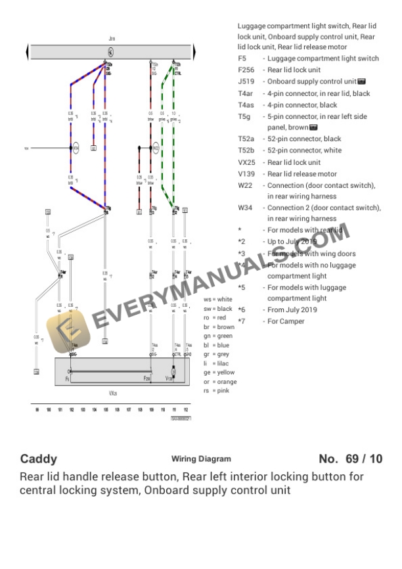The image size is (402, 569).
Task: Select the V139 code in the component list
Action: click(x=246, y=174)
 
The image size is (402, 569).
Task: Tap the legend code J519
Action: click(x=246, y=81)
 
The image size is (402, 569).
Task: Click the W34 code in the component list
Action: click(x=245, y=208)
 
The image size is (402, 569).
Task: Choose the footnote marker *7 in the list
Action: click(x=242, y=321)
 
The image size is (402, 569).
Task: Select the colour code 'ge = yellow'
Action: click(x=219, y=373)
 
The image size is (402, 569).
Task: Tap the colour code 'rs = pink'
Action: click(x=215, y=391)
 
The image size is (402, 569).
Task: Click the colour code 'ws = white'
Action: click(x=217, y=299)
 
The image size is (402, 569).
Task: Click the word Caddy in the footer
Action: click(x=39, y=459)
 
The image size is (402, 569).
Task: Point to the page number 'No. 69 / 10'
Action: click(x=350, y=459)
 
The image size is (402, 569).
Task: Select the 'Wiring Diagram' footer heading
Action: click(x=201, y=459)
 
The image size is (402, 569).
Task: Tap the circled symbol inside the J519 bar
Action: click(x=110, y=51)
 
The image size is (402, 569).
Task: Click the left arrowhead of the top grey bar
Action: click(x=28, y=51)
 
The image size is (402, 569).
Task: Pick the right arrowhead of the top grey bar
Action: click(x=194, y=51)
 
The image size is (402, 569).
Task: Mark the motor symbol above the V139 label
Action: click(x=173, y=373)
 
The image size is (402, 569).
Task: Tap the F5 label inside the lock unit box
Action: click(x=67, y=379)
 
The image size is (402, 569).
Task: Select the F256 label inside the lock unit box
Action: click(x=147, y=379)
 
